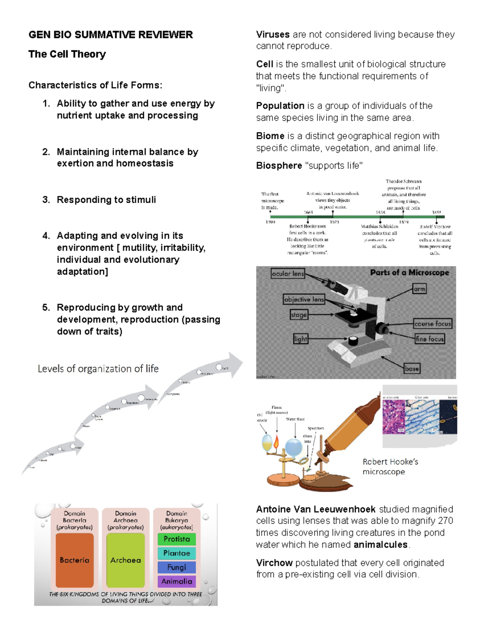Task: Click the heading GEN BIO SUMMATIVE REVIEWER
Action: [111, 35]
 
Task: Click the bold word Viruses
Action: [273, 35]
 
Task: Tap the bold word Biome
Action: [270, 136]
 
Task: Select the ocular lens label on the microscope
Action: [288, 274]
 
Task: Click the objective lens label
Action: [304, 300]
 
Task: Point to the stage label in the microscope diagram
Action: [299, 315]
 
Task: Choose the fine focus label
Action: [430, 339]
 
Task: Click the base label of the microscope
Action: [412, 369]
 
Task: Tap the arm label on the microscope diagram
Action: [419, 289]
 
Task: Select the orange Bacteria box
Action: [75, 560]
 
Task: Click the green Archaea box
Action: [125, 560]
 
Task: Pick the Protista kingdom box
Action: [177, 539]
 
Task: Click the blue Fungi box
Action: [177, 567]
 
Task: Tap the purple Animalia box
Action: [177, 581]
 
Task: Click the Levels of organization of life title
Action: [98, 369]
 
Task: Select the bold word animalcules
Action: [381, 545]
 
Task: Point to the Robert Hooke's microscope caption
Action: [390, 467]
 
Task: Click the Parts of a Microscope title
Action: [409, 273]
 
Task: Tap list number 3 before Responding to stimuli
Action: [46, 200]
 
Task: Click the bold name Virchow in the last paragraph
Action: [274, 563]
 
